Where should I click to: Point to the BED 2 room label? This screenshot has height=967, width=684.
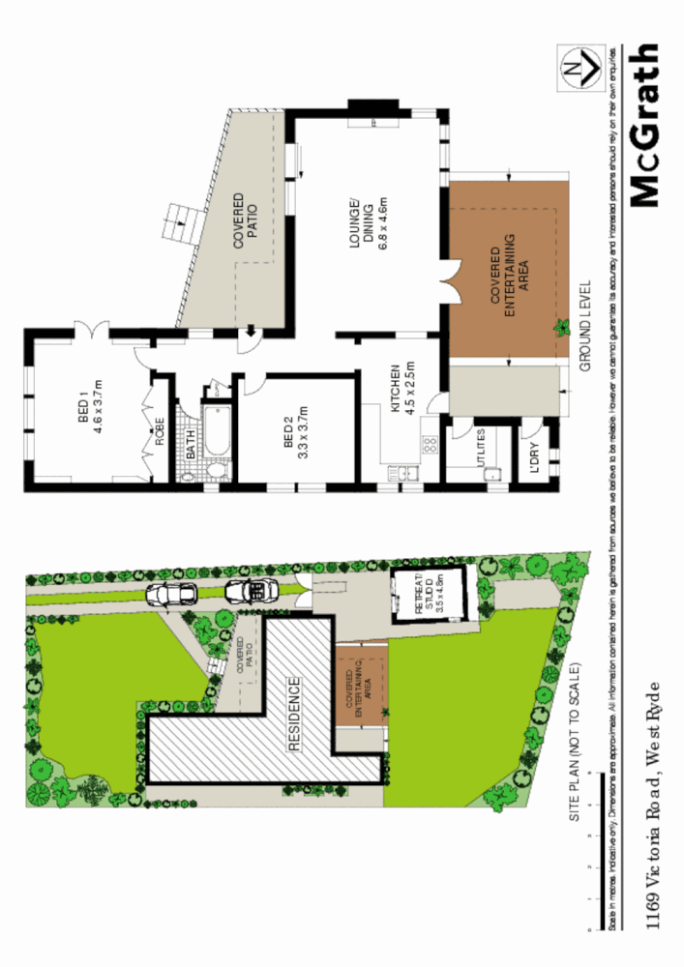pyautogui.click(x=295, y=435)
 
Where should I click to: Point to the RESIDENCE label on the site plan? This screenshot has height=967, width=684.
pyautogui.click(x=295, y=714)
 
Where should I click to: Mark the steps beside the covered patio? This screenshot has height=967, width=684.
pyautogui.click(x=181, y=223)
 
